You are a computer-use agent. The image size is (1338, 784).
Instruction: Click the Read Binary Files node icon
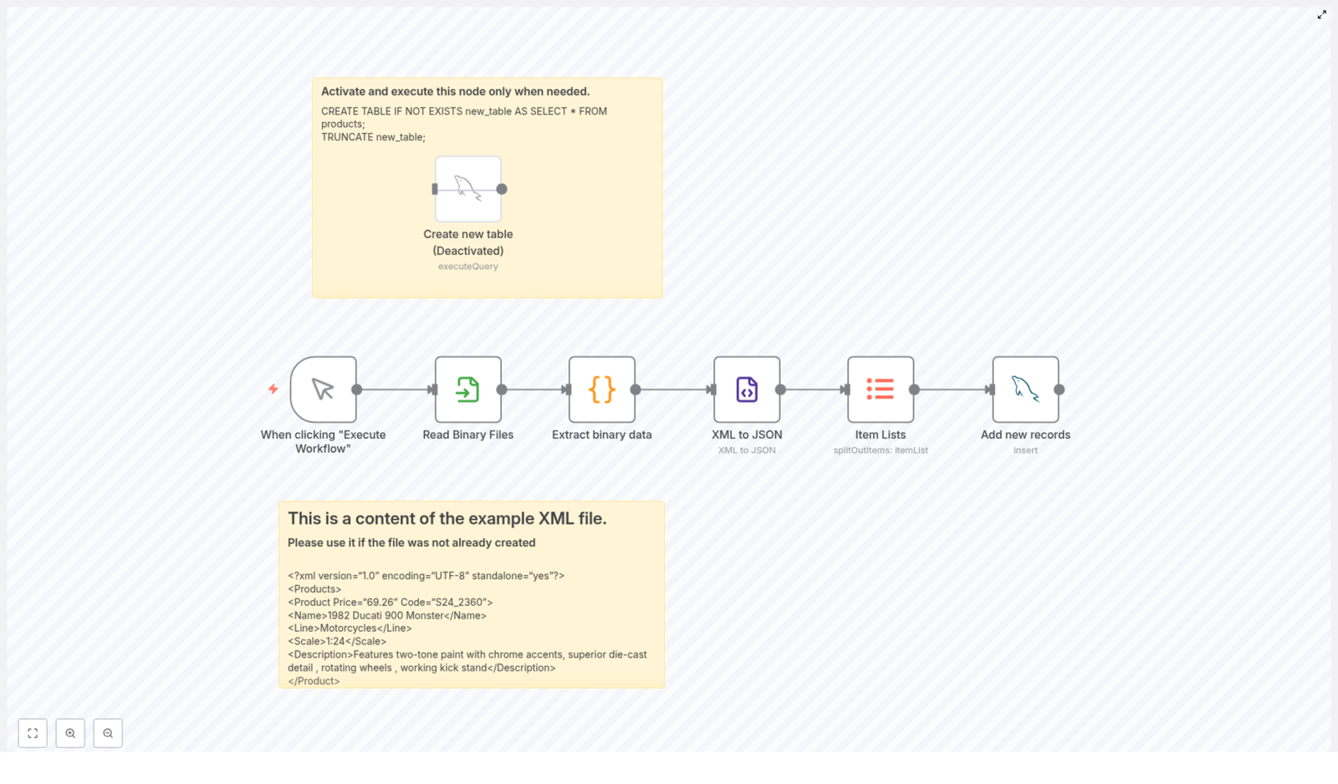(467, 389)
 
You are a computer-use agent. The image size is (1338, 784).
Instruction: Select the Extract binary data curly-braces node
(601, 389)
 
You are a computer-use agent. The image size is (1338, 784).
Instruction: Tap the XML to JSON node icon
(747, 389)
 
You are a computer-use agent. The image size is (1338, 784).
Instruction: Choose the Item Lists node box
(880, 389)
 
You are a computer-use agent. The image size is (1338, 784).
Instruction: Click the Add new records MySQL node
(1025, 389)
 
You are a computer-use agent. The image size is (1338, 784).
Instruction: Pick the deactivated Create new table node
(467, 189)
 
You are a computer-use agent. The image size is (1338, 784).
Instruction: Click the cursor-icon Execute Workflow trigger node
(323, 389)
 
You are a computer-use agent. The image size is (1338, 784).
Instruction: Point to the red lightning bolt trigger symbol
(273, 389)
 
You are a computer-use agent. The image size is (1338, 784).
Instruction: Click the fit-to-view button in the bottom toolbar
(33, 733)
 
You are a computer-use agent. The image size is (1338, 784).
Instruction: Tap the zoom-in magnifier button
(70, 733)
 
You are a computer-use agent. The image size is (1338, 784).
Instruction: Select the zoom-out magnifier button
(108, 733)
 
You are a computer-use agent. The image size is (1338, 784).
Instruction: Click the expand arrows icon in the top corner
(1321, 15)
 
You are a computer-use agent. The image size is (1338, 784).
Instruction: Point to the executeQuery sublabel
(467, 267)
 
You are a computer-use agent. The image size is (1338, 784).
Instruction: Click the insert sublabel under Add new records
(1025, 451)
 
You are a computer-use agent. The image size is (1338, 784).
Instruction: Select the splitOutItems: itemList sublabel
(880, 451)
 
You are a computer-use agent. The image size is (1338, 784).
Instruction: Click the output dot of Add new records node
(1059, 389)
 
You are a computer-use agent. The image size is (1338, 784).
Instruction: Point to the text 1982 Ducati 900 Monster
(385, 616)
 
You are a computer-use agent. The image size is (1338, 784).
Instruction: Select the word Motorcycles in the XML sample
(348, 629)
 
